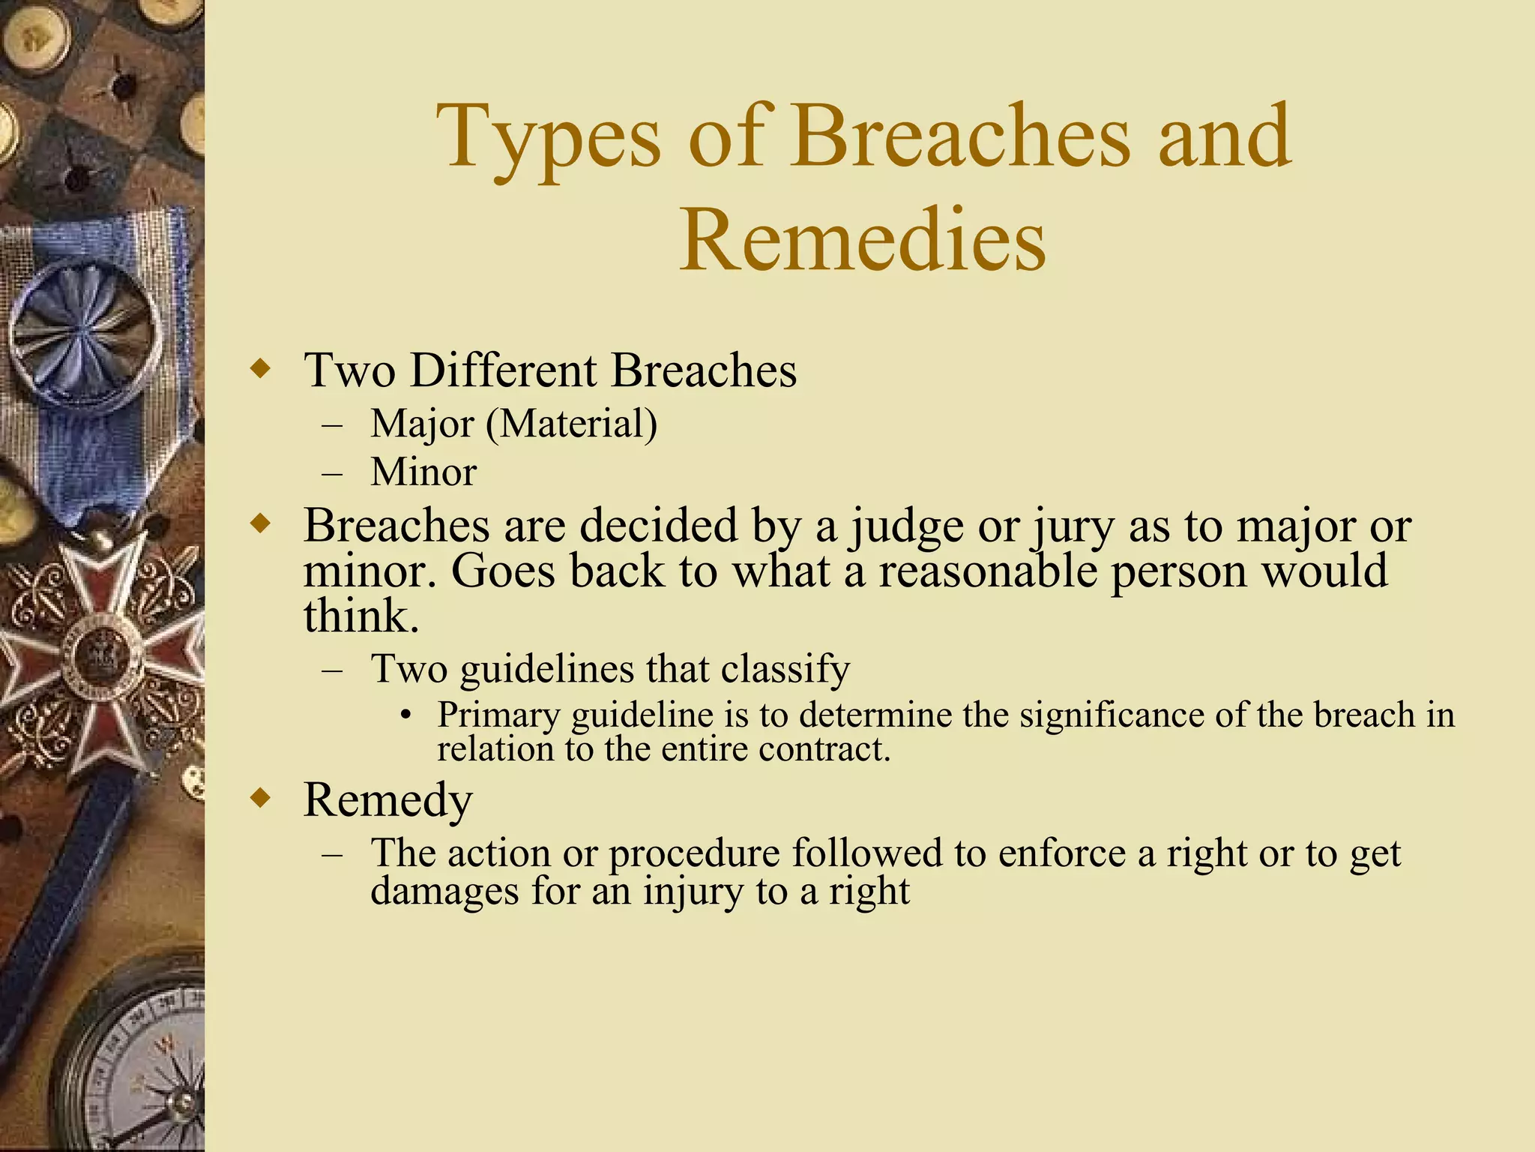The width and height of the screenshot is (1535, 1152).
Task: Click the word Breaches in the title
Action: (x=960, y=136)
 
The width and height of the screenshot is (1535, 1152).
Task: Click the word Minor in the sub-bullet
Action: (x=423, y=472)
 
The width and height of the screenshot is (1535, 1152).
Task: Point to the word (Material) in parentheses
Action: (x=571, y=424)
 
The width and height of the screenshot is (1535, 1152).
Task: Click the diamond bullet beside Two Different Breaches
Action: (x=260, y=368)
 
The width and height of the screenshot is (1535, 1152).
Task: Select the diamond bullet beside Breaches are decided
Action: (x=260, y=523)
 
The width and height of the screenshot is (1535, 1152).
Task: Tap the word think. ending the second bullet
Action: (x=361, y=616)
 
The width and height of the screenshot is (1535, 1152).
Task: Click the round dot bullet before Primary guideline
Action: (x=405, y=715)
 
